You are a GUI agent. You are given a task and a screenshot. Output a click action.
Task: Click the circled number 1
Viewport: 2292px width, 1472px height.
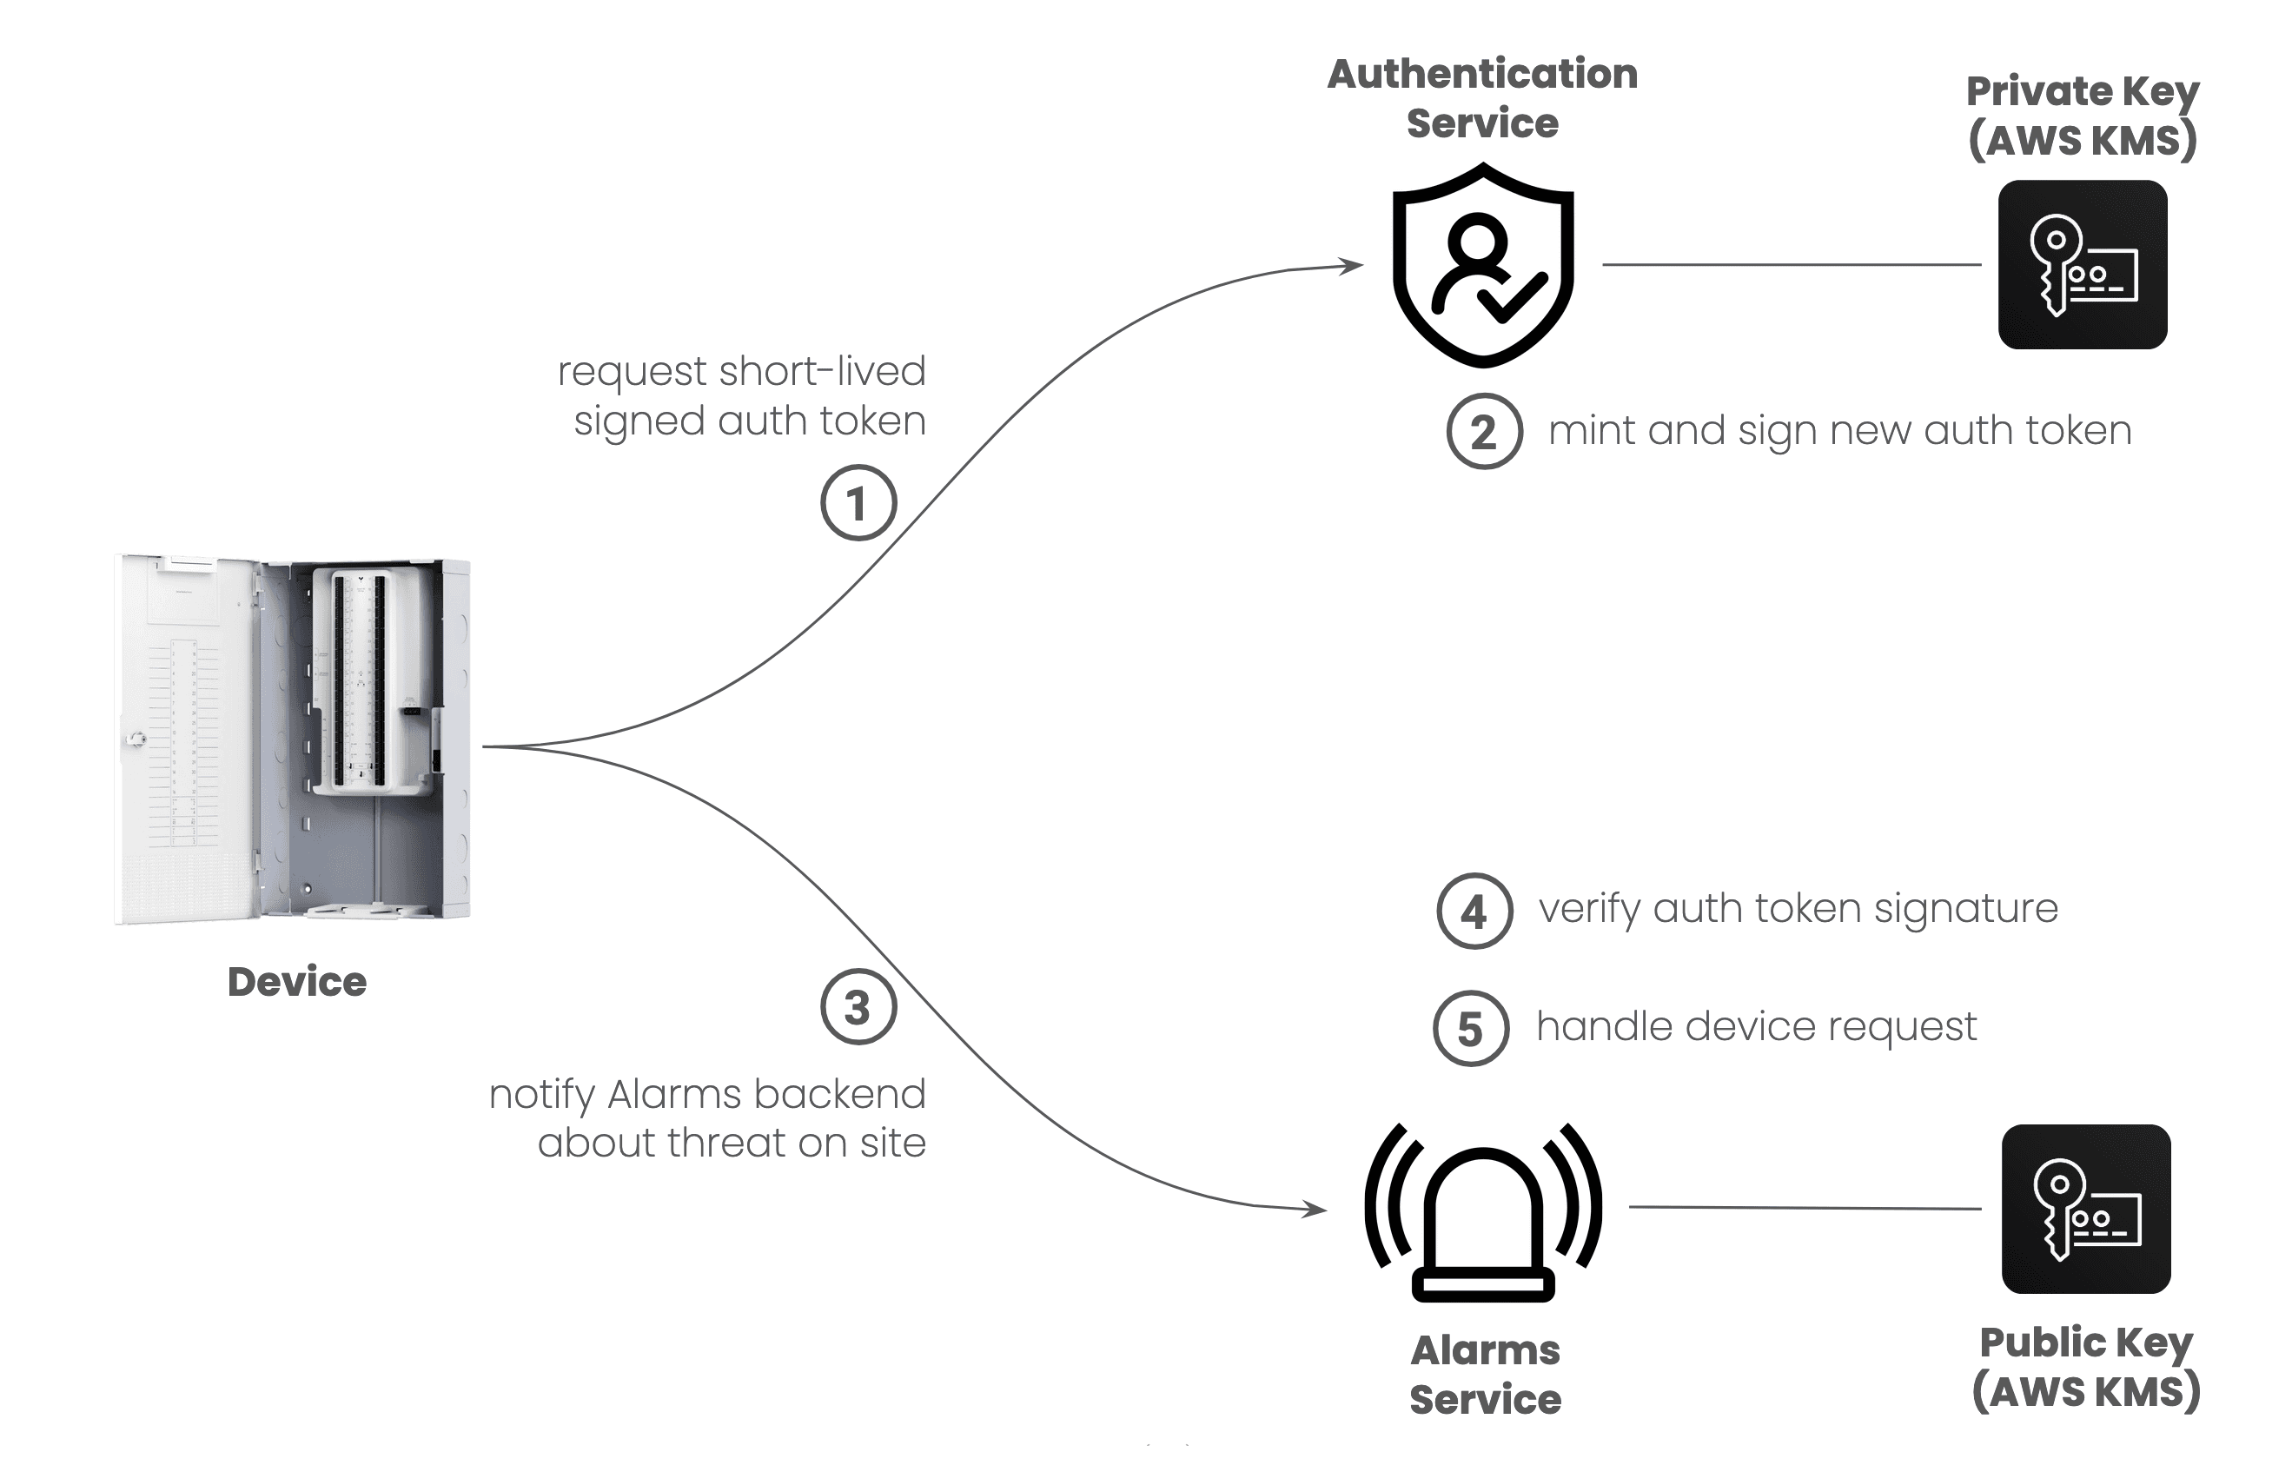click(858, 503)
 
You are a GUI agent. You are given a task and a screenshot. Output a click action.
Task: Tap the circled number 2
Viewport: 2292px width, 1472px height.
click(1483, 432)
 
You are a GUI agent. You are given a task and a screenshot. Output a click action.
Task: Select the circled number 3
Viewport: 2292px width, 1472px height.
click(858, 1007)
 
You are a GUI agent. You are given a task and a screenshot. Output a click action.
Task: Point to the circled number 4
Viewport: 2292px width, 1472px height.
click(1474, 911)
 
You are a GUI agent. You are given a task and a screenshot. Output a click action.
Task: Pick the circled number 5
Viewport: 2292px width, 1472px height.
click(1471, 1029)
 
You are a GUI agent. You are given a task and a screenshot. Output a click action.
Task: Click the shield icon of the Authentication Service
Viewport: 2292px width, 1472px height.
click(1482, 266)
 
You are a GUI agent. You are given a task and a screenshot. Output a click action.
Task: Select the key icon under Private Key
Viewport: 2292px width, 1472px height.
click(2082, 265)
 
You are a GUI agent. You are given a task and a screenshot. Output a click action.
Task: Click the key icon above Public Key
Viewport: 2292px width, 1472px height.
click(2085, 1210)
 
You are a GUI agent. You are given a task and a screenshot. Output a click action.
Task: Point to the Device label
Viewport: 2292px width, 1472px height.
click(297, 982)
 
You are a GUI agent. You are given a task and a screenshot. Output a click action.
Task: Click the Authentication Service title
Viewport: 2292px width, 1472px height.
click(1482, 98)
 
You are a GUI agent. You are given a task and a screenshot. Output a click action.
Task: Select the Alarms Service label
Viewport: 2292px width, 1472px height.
click(1486, 1375)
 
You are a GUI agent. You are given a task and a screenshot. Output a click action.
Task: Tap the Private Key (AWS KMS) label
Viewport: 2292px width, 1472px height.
click(2083, 116)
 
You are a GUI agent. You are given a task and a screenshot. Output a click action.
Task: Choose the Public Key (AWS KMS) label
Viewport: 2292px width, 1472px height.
click(2086, 1367)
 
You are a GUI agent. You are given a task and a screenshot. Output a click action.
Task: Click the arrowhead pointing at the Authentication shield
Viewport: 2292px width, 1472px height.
click(1352, 266)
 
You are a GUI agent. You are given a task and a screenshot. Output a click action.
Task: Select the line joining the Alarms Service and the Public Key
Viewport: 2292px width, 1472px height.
click(1804, 1208)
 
